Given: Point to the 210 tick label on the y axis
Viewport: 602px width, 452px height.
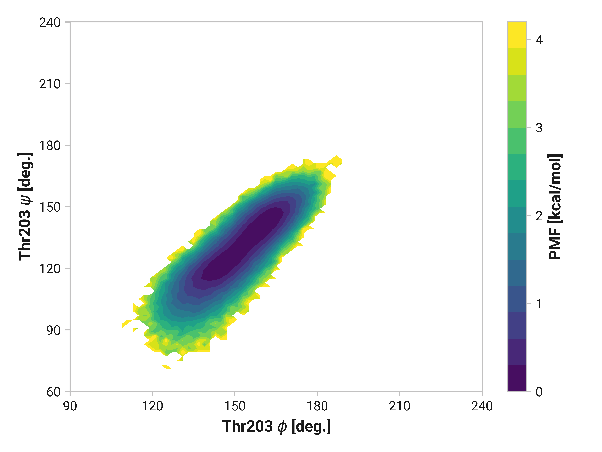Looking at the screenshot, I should pos(50,84).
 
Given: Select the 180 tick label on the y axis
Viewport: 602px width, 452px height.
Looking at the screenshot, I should pos(50,146).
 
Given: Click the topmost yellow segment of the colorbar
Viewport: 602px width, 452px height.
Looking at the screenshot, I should pos(517,35).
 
